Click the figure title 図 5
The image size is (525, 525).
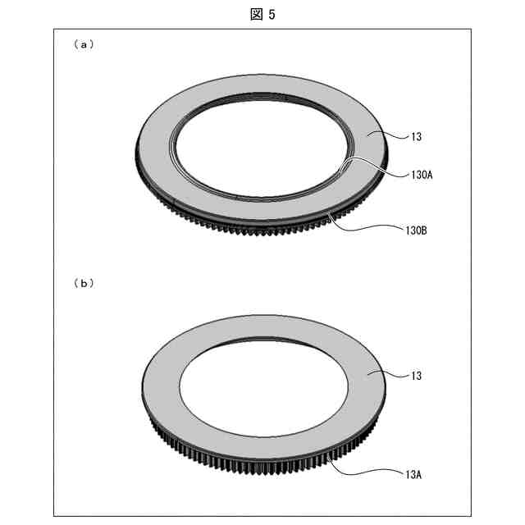[x=262, y=15]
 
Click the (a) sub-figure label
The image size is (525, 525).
[x=84, y=44]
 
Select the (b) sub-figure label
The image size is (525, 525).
[x=84, y=284]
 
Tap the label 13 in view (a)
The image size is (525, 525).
[x=416, y=137]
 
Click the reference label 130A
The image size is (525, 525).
[x=422, y=175]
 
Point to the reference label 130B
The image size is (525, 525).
[x=416, y=231]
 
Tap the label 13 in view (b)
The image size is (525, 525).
[x=416, y=376]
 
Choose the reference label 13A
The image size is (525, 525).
[x=413, y=475]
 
